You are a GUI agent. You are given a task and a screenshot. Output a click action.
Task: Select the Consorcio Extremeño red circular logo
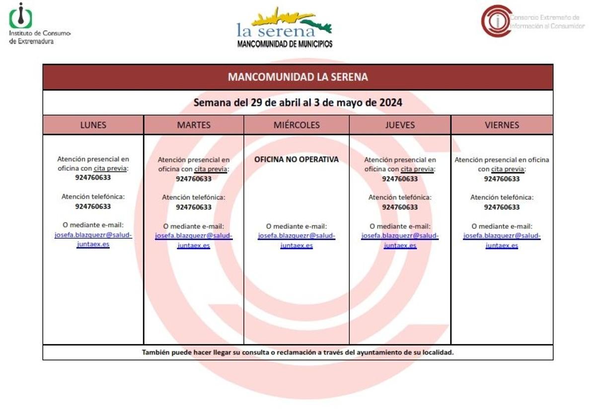click(496, 21)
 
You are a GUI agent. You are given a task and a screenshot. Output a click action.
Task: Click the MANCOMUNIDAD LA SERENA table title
click(298, 77)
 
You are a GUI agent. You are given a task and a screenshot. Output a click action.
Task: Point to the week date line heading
click(298, 103)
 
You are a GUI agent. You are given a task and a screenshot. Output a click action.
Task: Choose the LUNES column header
click(93, 125)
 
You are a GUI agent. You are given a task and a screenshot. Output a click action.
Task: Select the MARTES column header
click(194, 125)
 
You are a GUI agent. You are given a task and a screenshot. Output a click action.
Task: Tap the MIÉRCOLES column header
click(297, 125)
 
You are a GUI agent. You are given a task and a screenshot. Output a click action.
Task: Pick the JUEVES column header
click(400, 125)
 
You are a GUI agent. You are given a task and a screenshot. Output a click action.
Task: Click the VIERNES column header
click(502, 125)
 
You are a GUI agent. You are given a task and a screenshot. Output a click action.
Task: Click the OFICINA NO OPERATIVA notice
click(297, 159)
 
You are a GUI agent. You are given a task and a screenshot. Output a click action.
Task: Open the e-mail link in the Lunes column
click(93, 240)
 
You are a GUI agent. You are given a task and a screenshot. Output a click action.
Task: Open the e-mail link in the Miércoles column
click(297, 240)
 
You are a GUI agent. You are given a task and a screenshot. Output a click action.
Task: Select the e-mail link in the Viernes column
click(502, 240)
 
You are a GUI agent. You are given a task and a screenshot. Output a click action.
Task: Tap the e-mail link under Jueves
click(400, 240)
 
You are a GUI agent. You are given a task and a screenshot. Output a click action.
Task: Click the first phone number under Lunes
click(93, 177)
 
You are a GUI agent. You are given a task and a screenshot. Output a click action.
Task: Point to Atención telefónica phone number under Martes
click(194, 207)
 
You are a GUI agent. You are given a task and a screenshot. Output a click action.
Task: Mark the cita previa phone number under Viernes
click(502, 179)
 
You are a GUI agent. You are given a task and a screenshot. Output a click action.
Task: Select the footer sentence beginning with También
click(298, 352)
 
